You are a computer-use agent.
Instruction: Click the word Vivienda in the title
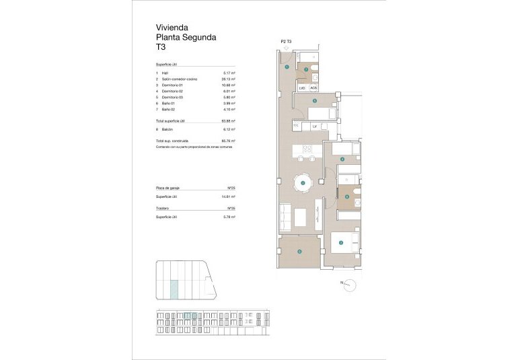[172, 28]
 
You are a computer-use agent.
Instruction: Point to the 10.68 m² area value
[228, 85]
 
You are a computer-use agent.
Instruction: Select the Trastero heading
[162, 209]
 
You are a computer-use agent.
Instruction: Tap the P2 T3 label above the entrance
[285, 42]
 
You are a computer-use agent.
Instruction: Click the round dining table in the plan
[303, 182]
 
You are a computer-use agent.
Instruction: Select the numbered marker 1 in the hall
[287, 67]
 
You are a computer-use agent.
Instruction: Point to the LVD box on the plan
[302, 87]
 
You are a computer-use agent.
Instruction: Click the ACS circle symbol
[314, 87]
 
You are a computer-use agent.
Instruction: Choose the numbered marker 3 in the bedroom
[341, 243]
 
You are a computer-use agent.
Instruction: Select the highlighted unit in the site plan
[174, 289]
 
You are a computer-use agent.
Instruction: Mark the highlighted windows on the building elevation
[190, 315]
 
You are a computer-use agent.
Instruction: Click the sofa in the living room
[284, 217]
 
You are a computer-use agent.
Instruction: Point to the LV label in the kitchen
[314, 126]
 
